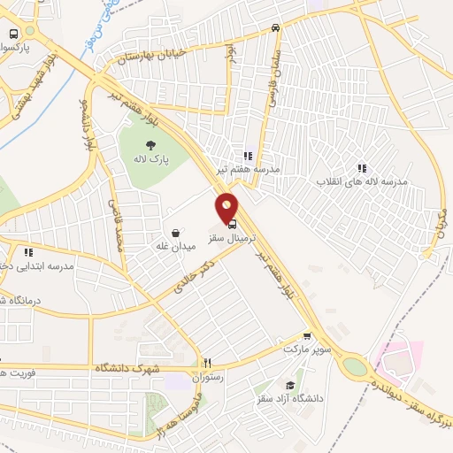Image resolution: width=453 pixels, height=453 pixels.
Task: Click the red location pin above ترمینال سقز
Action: click(x=227, y=208)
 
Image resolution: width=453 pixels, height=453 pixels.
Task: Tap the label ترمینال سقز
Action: click(x=226, y=239)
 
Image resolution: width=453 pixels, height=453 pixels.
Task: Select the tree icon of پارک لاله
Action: click(x=150, y=144)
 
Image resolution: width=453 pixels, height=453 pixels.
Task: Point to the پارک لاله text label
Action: click(x=150, y=160)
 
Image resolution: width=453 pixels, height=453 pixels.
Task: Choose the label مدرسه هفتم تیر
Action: click(x=249, y=168)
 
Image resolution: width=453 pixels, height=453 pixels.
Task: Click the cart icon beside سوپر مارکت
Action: click(x=307, y=336)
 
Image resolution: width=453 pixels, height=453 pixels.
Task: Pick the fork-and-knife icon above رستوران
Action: click(x=209, y=362)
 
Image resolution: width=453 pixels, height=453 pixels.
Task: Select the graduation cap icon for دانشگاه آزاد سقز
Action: click(x=289, y=385)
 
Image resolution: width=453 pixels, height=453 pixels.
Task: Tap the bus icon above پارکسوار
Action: click(x=12, y=33)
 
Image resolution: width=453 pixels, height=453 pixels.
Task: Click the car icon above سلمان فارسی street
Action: click(x=276, y=27)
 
